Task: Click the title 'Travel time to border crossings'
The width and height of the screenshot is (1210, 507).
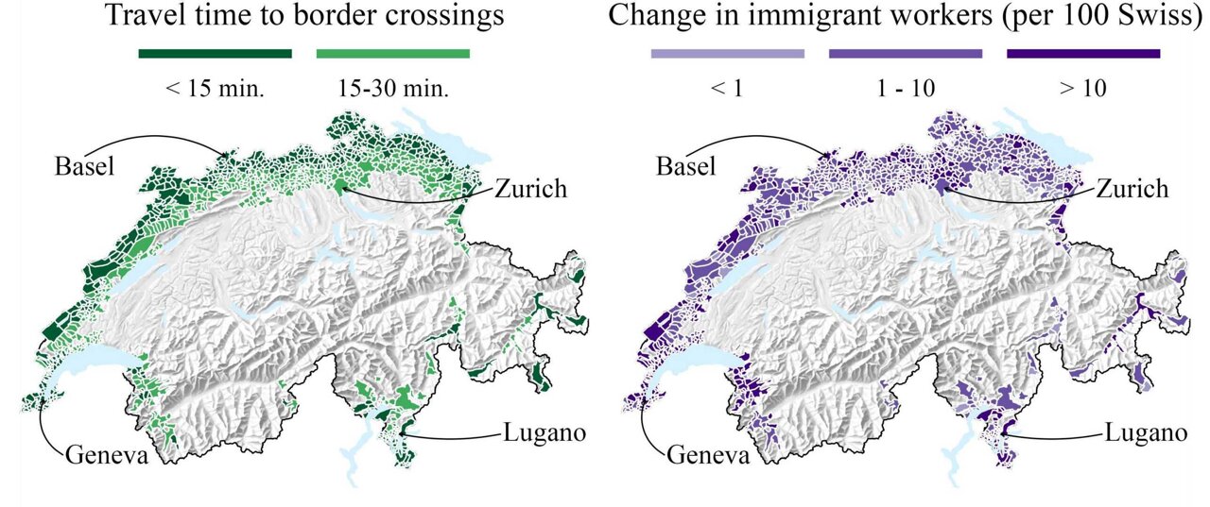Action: tap(303, 16)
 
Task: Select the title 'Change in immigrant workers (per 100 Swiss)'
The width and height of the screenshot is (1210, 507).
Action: tap(906, 16)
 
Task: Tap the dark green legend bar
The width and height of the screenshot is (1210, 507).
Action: tap(215, 54)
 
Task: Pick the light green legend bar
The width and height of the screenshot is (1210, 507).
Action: tap(392, 54)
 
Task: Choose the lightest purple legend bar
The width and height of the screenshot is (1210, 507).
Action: tap(727, 54)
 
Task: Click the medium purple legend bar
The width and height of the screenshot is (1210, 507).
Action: tap(905, 54)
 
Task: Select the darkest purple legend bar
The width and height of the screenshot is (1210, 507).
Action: tap(1083, 54)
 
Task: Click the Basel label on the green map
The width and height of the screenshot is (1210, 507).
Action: tap(84, 167)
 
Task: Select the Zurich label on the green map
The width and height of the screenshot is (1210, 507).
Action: tap(530, 188)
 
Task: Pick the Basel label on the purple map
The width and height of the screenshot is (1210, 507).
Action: tap(687, 167)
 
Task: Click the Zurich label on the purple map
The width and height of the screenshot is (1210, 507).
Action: tap(1132, 188)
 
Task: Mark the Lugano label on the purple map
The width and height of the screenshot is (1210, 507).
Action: tap(1145, 433)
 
